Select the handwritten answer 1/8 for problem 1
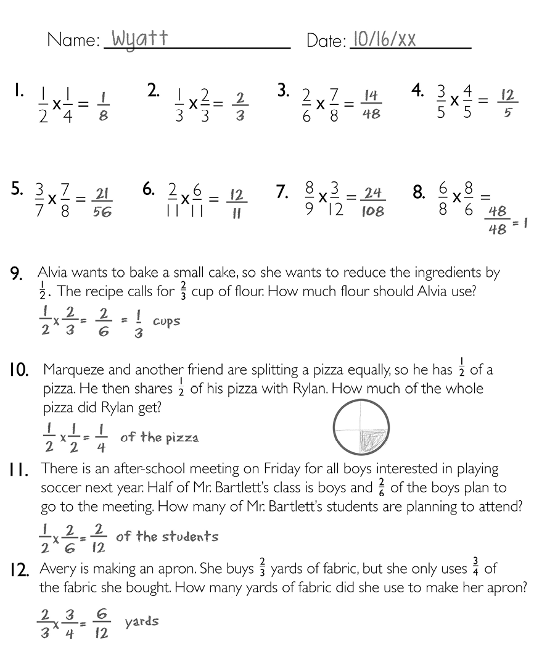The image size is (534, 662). pyautogui.click(x=103, y=106)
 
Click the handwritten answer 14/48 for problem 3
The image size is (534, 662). pyautogui.click(x=371, y=104)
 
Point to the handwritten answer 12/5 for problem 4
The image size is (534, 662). pyautogui.click(x=507, y=104)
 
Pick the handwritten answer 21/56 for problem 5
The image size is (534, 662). pyautogui.click(x=102, y=203)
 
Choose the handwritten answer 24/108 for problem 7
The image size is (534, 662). pyautogui.click(x=372, y=202)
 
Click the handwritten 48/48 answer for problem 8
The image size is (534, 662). pyautogui.click(x=498, y=220)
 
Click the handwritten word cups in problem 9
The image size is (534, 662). pyautogui.click(x=166, y=321)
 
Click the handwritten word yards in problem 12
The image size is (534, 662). pyautogui.click(x=142, y=621)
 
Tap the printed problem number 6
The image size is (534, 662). pyautogui.click(x=148, y=190)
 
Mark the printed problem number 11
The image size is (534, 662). pyautogui.click(x=19, y=471)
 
